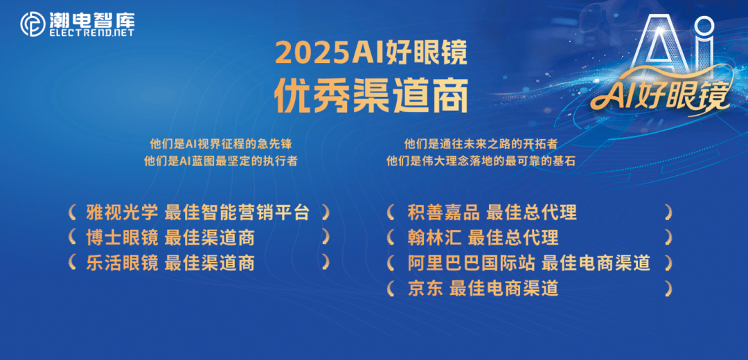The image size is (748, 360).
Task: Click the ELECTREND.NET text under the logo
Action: [91, 33]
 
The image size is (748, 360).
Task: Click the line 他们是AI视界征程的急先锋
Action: [221, 144]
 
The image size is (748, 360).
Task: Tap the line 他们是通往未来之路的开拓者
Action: [481, 144]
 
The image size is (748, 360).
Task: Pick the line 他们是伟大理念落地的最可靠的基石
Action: [481, 161]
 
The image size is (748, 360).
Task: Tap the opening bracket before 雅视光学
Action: [71, 213]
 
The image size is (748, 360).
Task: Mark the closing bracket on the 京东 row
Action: [668, 289]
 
